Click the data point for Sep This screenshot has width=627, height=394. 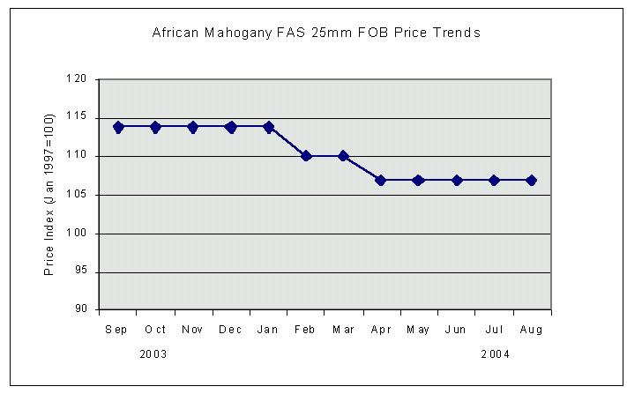click(118, 127)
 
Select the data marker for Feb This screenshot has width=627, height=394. click(306, 156)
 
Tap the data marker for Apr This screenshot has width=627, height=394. click(381, 180)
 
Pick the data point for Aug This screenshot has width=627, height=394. click(531, 180)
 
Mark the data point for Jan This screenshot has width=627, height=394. click(268, 127)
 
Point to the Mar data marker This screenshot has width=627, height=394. click(344, 156)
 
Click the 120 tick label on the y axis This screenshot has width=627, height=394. click(79, 79)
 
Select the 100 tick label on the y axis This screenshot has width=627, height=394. click(79, 234)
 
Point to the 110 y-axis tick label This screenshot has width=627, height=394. click(79, 156)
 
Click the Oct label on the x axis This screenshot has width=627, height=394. click(155, 330)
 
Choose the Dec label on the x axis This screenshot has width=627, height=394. click(231, 330)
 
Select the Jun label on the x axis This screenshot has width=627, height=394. click(456, 330)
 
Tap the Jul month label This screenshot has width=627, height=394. click(494, 330)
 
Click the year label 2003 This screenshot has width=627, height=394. click(154, 354)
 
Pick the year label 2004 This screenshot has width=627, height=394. click(495, 354)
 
